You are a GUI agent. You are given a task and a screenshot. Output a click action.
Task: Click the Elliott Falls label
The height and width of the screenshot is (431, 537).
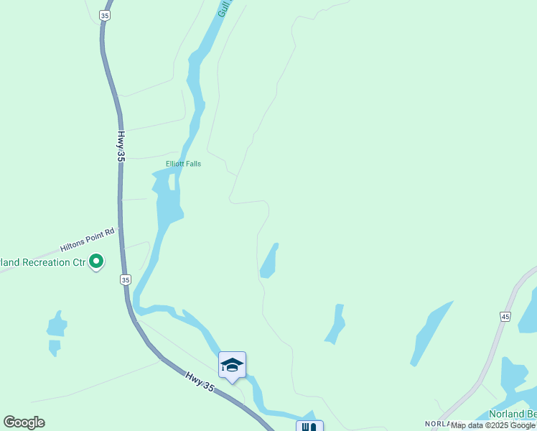tap(183, 164)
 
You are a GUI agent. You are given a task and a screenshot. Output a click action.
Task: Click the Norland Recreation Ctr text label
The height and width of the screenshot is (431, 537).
tap(42, 262)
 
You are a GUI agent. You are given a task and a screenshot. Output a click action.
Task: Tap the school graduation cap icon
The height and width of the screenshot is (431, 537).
tap(232, 366)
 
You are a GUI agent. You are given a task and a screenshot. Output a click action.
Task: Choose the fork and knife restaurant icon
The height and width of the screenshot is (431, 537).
tap(309, 427)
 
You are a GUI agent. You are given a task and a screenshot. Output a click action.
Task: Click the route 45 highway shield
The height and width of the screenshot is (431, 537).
tap(505, 316)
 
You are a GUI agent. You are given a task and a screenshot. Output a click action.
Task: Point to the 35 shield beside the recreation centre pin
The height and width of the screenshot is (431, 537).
tap(126, 279)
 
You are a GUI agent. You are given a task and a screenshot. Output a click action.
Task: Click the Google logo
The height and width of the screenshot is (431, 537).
tap(24, 422)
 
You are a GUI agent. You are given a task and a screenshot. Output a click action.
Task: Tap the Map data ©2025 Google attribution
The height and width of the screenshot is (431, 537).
tap(492, 426)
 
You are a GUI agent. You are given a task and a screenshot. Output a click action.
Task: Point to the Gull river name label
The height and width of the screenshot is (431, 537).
tap(223, 9)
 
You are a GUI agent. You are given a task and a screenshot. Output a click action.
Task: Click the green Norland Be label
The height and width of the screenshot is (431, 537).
tap(512, 414)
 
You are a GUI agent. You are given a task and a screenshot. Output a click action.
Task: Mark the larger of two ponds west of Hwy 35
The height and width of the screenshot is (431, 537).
tap(56, 325)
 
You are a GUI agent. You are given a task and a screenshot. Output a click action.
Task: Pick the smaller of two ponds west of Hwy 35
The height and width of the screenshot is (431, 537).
tap(55, 348)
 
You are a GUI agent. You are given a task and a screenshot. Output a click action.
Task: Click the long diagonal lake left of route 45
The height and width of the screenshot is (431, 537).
tap(431, 332)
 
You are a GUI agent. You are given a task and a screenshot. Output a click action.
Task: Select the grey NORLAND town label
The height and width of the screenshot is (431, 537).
tap(437, 424)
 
